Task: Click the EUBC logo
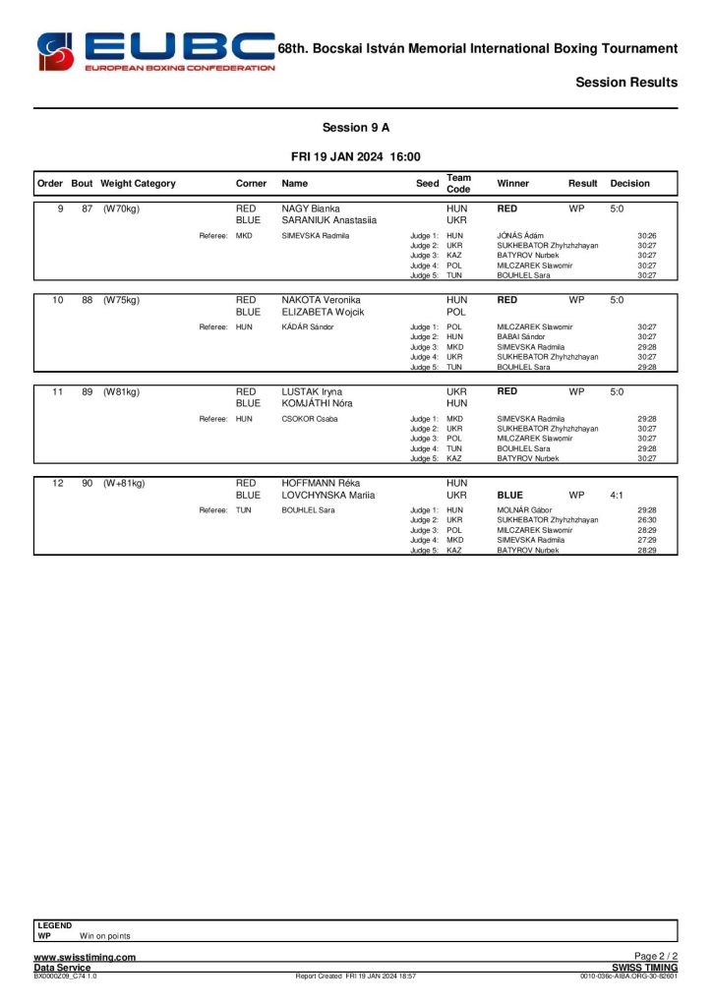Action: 155,51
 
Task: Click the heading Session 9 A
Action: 356,128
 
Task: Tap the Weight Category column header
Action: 138,184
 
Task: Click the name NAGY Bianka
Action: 310,209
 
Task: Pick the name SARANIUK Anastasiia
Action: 325,221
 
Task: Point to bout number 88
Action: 88,300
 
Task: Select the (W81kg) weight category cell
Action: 121,391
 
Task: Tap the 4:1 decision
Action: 617,496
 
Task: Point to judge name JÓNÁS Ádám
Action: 520,236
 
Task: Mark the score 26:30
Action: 646,520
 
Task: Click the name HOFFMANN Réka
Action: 317,484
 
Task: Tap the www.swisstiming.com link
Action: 85,957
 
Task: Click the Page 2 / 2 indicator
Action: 656,957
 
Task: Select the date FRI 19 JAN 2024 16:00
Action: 356,156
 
